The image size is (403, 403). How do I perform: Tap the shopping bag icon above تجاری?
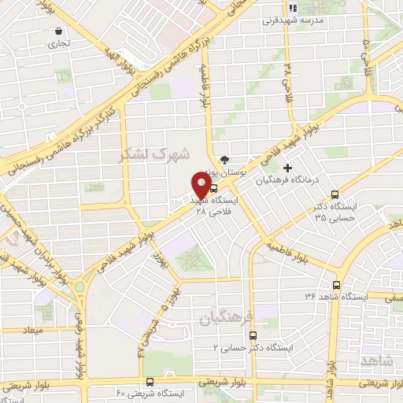click(x=59, y=31)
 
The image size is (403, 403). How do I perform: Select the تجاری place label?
click(x=59, y=44)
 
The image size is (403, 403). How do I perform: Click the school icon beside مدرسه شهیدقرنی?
click(x=291, y=8)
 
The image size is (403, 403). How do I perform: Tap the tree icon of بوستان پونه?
click(x=227, y=158)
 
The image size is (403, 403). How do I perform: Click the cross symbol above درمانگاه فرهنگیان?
click(x=288, y=167)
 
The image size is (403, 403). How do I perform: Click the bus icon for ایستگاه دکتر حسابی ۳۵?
click(x=336, y=194)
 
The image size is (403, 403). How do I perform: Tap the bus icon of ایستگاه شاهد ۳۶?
click(x=337, y=286)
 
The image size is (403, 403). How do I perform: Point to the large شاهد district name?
click(x=380, y=360)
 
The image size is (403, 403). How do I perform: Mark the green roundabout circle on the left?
click(x=79, y=287)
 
